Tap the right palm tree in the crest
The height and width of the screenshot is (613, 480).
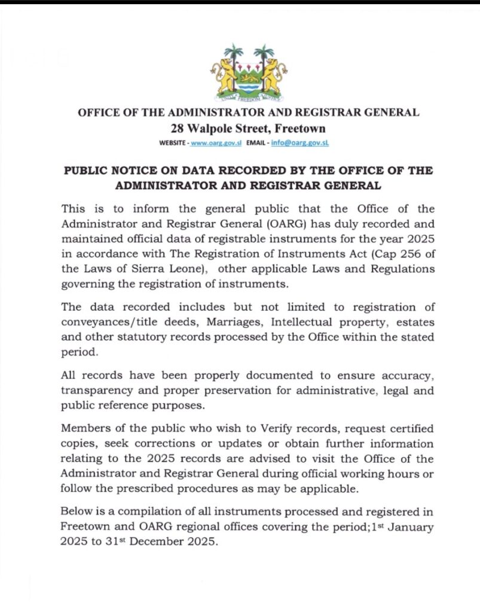click(x=261, y=54)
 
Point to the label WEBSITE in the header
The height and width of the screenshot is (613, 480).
click(x=173, y=144)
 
